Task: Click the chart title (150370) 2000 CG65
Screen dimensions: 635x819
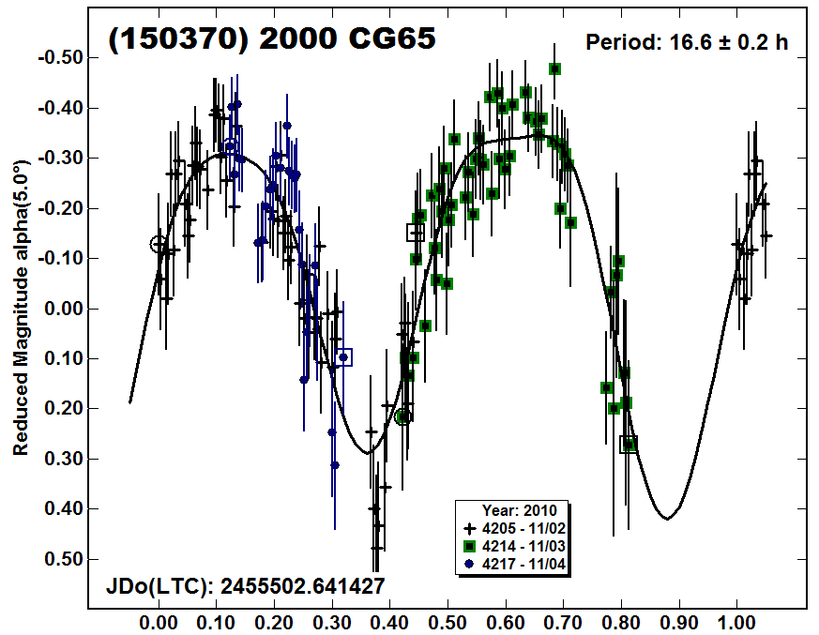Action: point(273,39)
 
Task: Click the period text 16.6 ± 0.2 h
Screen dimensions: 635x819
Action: point(687,43)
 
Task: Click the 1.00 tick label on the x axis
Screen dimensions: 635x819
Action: point(736,621)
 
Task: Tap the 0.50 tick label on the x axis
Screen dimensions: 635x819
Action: point(447,621)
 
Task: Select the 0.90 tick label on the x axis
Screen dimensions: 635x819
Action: point(678,621)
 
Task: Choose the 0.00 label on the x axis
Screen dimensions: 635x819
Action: point(159,621)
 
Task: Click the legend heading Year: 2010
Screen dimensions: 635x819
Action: point(520,511)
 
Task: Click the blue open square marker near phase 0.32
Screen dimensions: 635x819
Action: point(343,356)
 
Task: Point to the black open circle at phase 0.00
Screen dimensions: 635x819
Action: point(159,244)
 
